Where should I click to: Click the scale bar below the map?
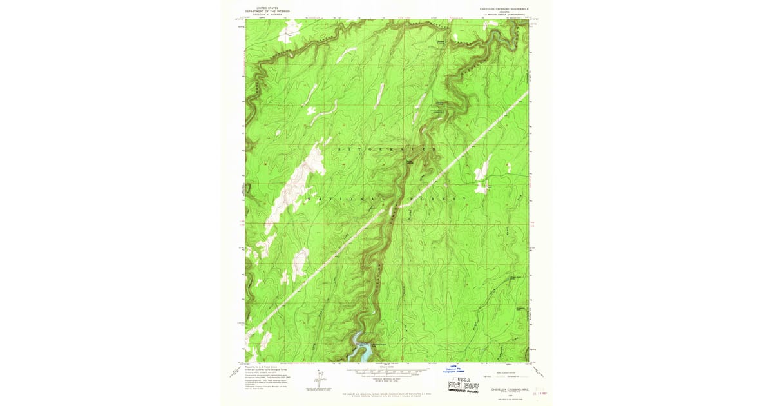(x=386, y=372)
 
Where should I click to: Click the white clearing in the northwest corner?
(x=289, y=28)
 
